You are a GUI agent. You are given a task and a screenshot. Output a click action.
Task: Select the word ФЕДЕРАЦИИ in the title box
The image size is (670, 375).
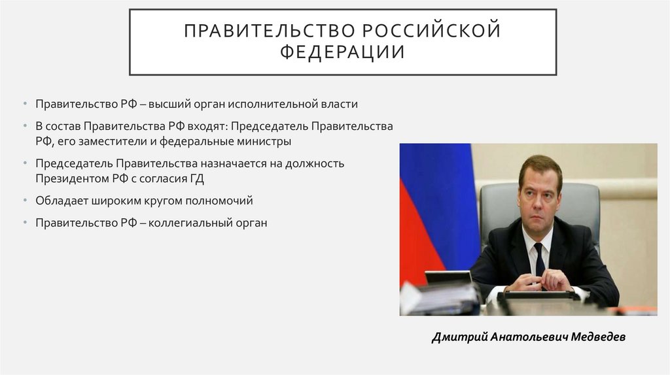coord(343,52)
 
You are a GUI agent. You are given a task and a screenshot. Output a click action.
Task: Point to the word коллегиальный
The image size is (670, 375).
coord(190,222)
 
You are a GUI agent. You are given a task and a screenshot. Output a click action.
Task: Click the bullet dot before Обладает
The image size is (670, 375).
coord(25,200)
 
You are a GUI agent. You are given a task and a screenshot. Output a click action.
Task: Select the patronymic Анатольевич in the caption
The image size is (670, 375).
coord(520,337)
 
